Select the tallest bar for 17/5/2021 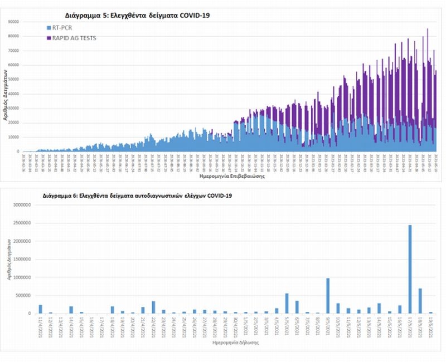410,269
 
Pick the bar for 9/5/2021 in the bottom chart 328,296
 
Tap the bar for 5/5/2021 287,304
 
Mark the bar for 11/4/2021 40,309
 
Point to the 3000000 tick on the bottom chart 22,205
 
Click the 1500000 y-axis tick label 22,259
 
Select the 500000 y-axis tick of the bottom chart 23,295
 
